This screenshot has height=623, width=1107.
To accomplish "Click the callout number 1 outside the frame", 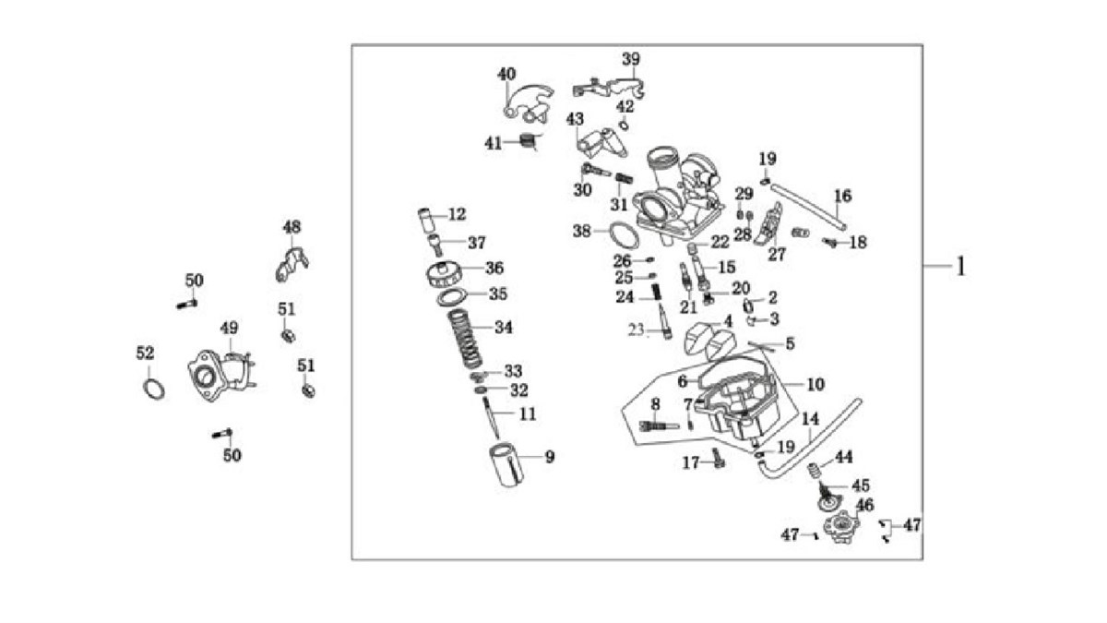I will pos(960,267).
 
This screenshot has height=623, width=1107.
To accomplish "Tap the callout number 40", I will pos(507,74).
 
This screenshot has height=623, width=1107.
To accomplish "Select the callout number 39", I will pos(630,59).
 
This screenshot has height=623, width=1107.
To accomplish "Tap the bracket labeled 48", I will pos(291,261).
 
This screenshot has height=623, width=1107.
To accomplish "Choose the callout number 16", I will pos(842,196).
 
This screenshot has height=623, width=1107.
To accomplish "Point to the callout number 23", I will pos(635,329).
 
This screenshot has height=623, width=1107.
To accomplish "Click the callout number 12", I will pos(458,214).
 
